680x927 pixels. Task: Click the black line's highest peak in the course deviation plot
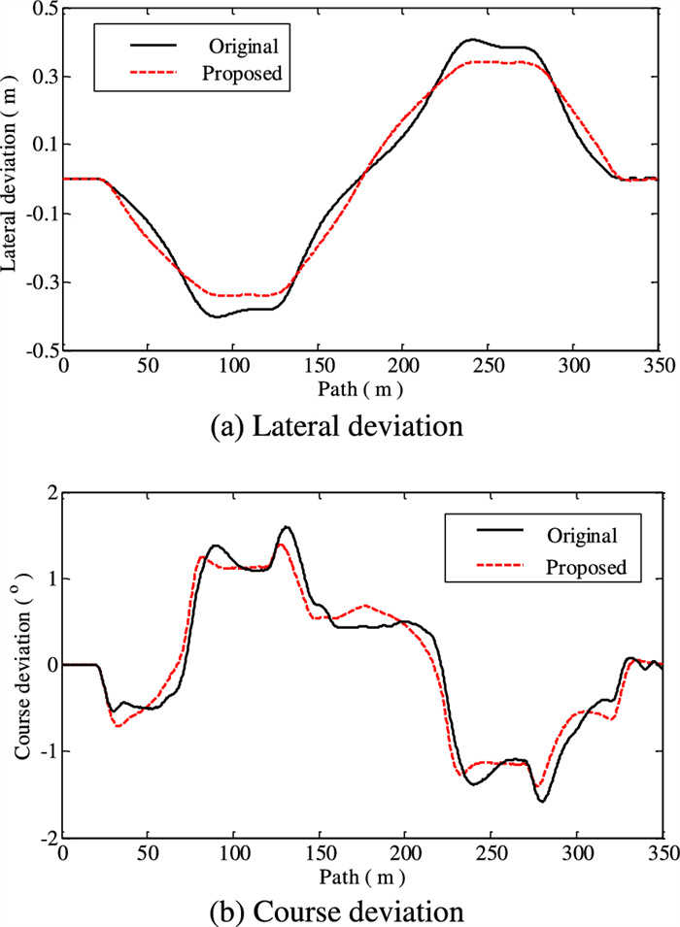[287, 527]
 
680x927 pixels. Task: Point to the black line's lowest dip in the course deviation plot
[542, 801]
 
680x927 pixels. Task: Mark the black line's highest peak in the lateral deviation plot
[472, 40]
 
